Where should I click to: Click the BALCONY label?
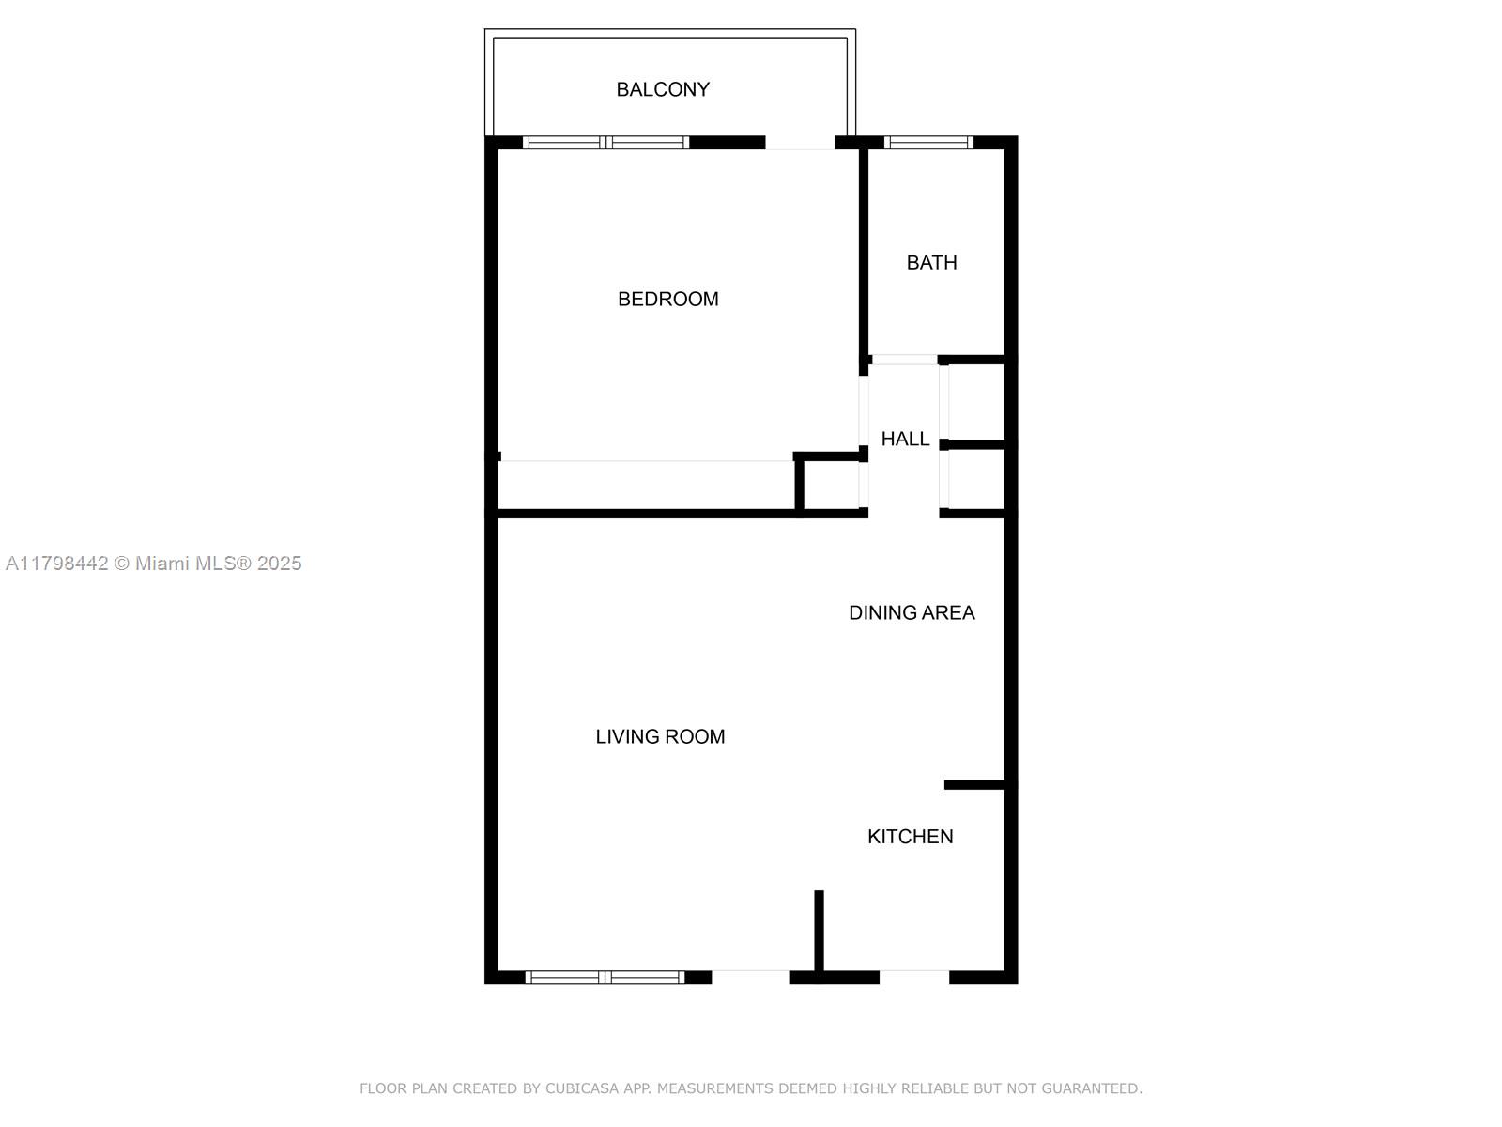(663, 89)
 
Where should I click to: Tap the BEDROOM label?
(667, 299)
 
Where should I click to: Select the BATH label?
(931, 262)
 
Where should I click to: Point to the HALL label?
(905, 439)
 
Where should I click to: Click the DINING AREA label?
(912, 612)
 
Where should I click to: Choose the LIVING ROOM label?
(660, 736)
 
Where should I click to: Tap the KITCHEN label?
(910, 836)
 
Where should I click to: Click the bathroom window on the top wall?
(928, 143)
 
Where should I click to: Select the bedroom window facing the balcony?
(605, 143)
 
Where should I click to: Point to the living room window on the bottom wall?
(605, 978)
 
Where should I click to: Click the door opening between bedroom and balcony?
(800, 143)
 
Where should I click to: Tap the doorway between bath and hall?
(904, 360)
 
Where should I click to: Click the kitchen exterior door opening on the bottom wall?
(914, 977)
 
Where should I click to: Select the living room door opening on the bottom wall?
(751, 977)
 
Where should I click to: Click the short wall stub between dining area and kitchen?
(975, 784)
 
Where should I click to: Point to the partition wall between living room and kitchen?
(819, 930)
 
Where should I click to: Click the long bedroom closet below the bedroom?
(646, 486)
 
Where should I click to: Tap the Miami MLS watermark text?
(154, 563)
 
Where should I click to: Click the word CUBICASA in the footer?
(582, 1088)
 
